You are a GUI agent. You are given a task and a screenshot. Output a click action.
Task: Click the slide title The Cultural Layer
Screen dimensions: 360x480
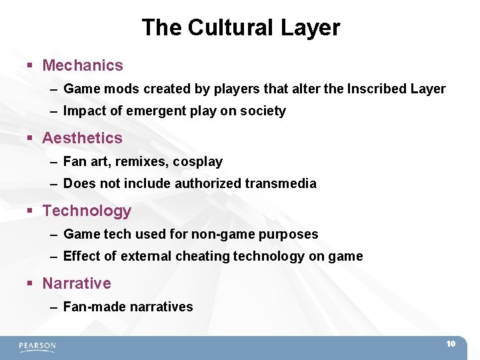pos(240,27)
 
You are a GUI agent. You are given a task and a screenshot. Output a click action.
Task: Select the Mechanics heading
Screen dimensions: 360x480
pos(83,65)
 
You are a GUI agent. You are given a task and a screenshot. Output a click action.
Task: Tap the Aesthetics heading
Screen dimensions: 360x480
pos(82,138)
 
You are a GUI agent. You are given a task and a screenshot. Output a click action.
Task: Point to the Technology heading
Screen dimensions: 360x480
pos(87,211)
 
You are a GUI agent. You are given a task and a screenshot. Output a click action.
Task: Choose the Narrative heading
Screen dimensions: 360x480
pos(77,283)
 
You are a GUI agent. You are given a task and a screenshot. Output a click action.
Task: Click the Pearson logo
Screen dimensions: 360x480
pos(37,346)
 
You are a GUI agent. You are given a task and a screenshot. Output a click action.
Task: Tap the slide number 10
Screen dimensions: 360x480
pos(451,344)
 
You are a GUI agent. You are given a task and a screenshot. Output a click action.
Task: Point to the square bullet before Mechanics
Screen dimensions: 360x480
pos(31,66)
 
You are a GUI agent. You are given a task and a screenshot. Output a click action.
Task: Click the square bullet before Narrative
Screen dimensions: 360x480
pos(31,284)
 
